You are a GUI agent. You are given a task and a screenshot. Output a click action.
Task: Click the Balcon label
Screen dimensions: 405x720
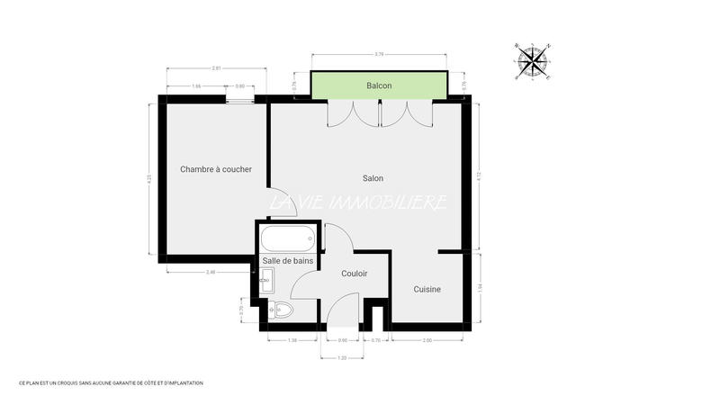point(379,85)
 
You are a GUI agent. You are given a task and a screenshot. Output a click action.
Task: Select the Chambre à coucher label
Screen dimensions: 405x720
point(216,169)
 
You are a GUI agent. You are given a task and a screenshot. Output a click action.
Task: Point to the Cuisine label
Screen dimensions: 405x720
point(427,289)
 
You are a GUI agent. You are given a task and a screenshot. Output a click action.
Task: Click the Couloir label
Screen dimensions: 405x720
point(355,274)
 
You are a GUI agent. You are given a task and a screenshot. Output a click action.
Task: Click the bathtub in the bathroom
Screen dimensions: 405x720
point(287,240)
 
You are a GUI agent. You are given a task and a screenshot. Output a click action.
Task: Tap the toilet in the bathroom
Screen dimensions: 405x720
point(282,310)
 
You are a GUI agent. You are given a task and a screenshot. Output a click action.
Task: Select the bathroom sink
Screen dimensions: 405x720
point(267,281)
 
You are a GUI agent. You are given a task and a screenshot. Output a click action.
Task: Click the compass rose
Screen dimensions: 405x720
point(534,60)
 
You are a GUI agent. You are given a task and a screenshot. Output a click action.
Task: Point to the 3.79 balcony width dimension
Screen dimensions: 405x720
point(378,54)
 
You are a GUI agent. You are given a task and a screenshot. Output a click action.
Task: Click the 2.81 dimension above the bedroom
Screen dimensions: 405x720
point(216,68)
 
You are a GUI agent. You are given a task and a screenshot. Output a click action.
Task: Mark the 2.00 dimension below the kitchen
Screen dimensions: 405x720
point(427,340)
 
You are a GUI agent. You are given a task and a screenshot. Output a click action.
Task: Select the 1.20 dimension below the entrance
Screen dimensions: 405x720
point(342,357)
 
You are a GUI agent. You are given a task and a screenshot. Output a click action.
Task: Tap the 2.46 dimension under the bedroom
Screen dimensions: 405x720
point(211,272)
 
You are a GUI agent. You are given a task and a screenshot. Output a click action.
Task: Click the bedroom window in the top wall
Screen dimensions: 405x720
point(239,99)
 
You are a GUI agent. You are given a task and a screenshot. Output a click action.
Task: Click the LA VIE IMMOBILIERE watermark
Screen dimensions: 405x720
point(360,203)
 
